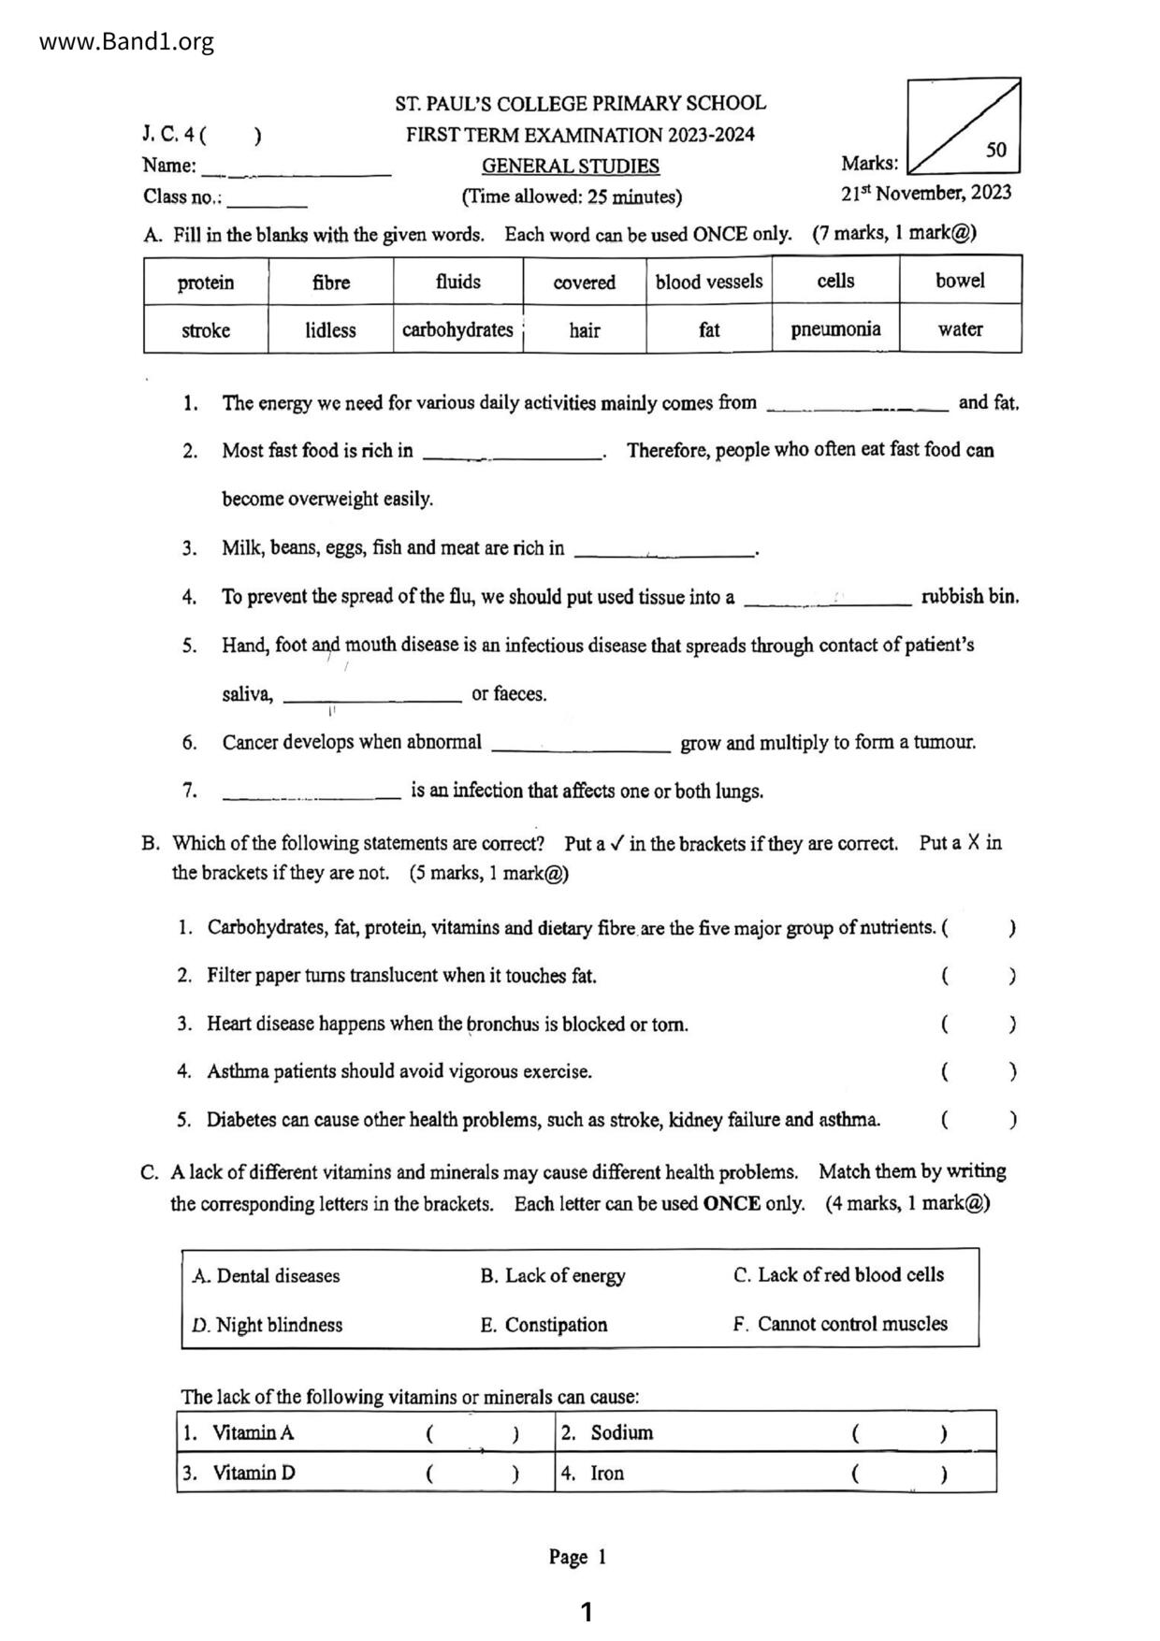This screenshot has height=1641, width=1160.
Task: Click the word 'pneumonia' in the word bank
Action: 835,329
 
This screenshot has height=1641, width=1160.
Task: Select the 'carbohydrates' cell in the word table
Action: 457,330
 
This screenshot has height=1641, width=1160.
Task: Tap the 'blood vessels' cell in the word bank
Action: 709,282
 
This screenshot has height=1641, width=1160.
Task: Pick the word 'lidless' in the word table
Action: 330,330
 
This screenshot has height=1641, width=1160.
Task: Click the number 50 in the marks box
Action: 996,150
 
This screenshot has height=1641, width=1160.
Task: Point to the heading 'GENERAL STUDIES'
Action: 571,167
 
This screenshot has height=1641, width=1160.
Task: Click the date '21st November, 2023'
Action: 926,194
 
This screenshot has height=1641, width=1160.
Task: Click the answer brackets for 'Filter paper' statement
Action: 979,977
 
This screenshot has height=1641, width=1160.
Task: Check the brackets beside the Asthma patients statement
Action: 979,1072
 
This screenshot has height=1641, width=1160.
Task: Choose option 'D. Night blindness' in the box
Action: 268,1325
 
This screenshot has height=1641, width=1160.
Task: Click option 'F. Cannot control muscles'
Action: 840,1324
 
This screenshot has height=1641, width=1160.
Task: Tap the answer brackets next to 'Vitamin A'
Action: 471,1433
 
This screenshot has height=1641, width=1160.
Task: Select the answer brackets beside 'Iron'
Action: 898,1474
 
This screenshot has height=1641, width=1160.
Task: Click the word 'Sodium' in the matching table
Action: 622,1433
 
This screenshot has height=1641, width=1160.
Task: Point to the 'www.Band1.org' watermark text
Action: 127,42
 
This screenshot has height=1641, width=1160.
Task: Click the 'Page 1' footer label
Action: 578,1557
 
